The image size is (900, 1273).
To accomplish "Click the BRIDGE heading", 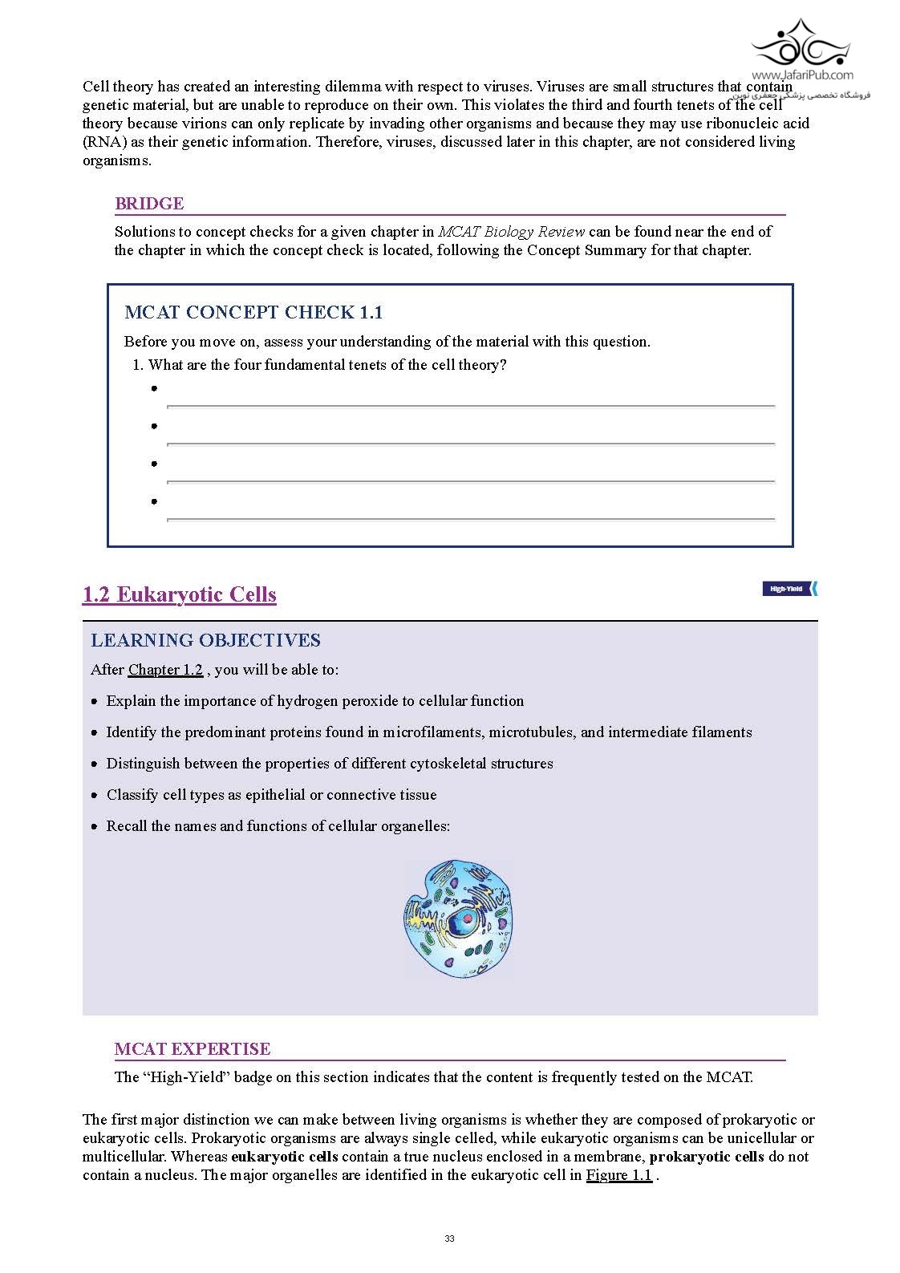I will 149,204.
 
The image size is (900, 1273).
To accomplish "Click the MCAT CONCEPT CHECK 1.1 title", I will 253,313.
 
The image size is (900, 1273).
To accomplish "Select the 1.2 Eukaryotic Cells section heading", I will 180,595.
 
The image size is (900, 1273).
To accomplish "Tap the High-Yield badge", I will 789,590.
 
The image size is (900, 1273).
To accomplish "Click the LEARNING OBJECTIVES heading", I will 205,641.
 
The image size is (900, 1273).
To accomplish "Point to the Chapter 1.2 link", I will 165,670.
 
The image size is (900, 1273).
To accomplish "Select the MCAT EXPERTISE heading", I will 193,1049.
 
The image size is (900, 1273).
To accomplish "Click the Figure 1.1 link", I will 618,1176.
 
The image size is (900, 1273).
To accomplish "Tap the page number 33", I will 449,1239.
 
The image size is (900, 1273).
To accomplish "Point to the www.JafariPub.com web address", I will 802,75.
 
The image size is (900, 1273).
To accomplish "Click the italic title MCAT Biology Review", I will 511,232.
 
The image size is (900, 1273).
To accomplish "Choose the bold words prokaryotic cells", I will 706,1157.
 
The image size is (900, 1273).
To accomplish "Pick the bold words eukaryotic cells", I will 285,1157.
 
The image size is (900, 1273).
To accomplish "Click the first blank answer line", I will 470,406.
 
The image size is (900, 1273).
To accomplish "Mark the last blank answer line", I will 470,519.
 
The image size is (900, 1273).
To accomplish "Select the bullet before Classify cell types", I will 95,796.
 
